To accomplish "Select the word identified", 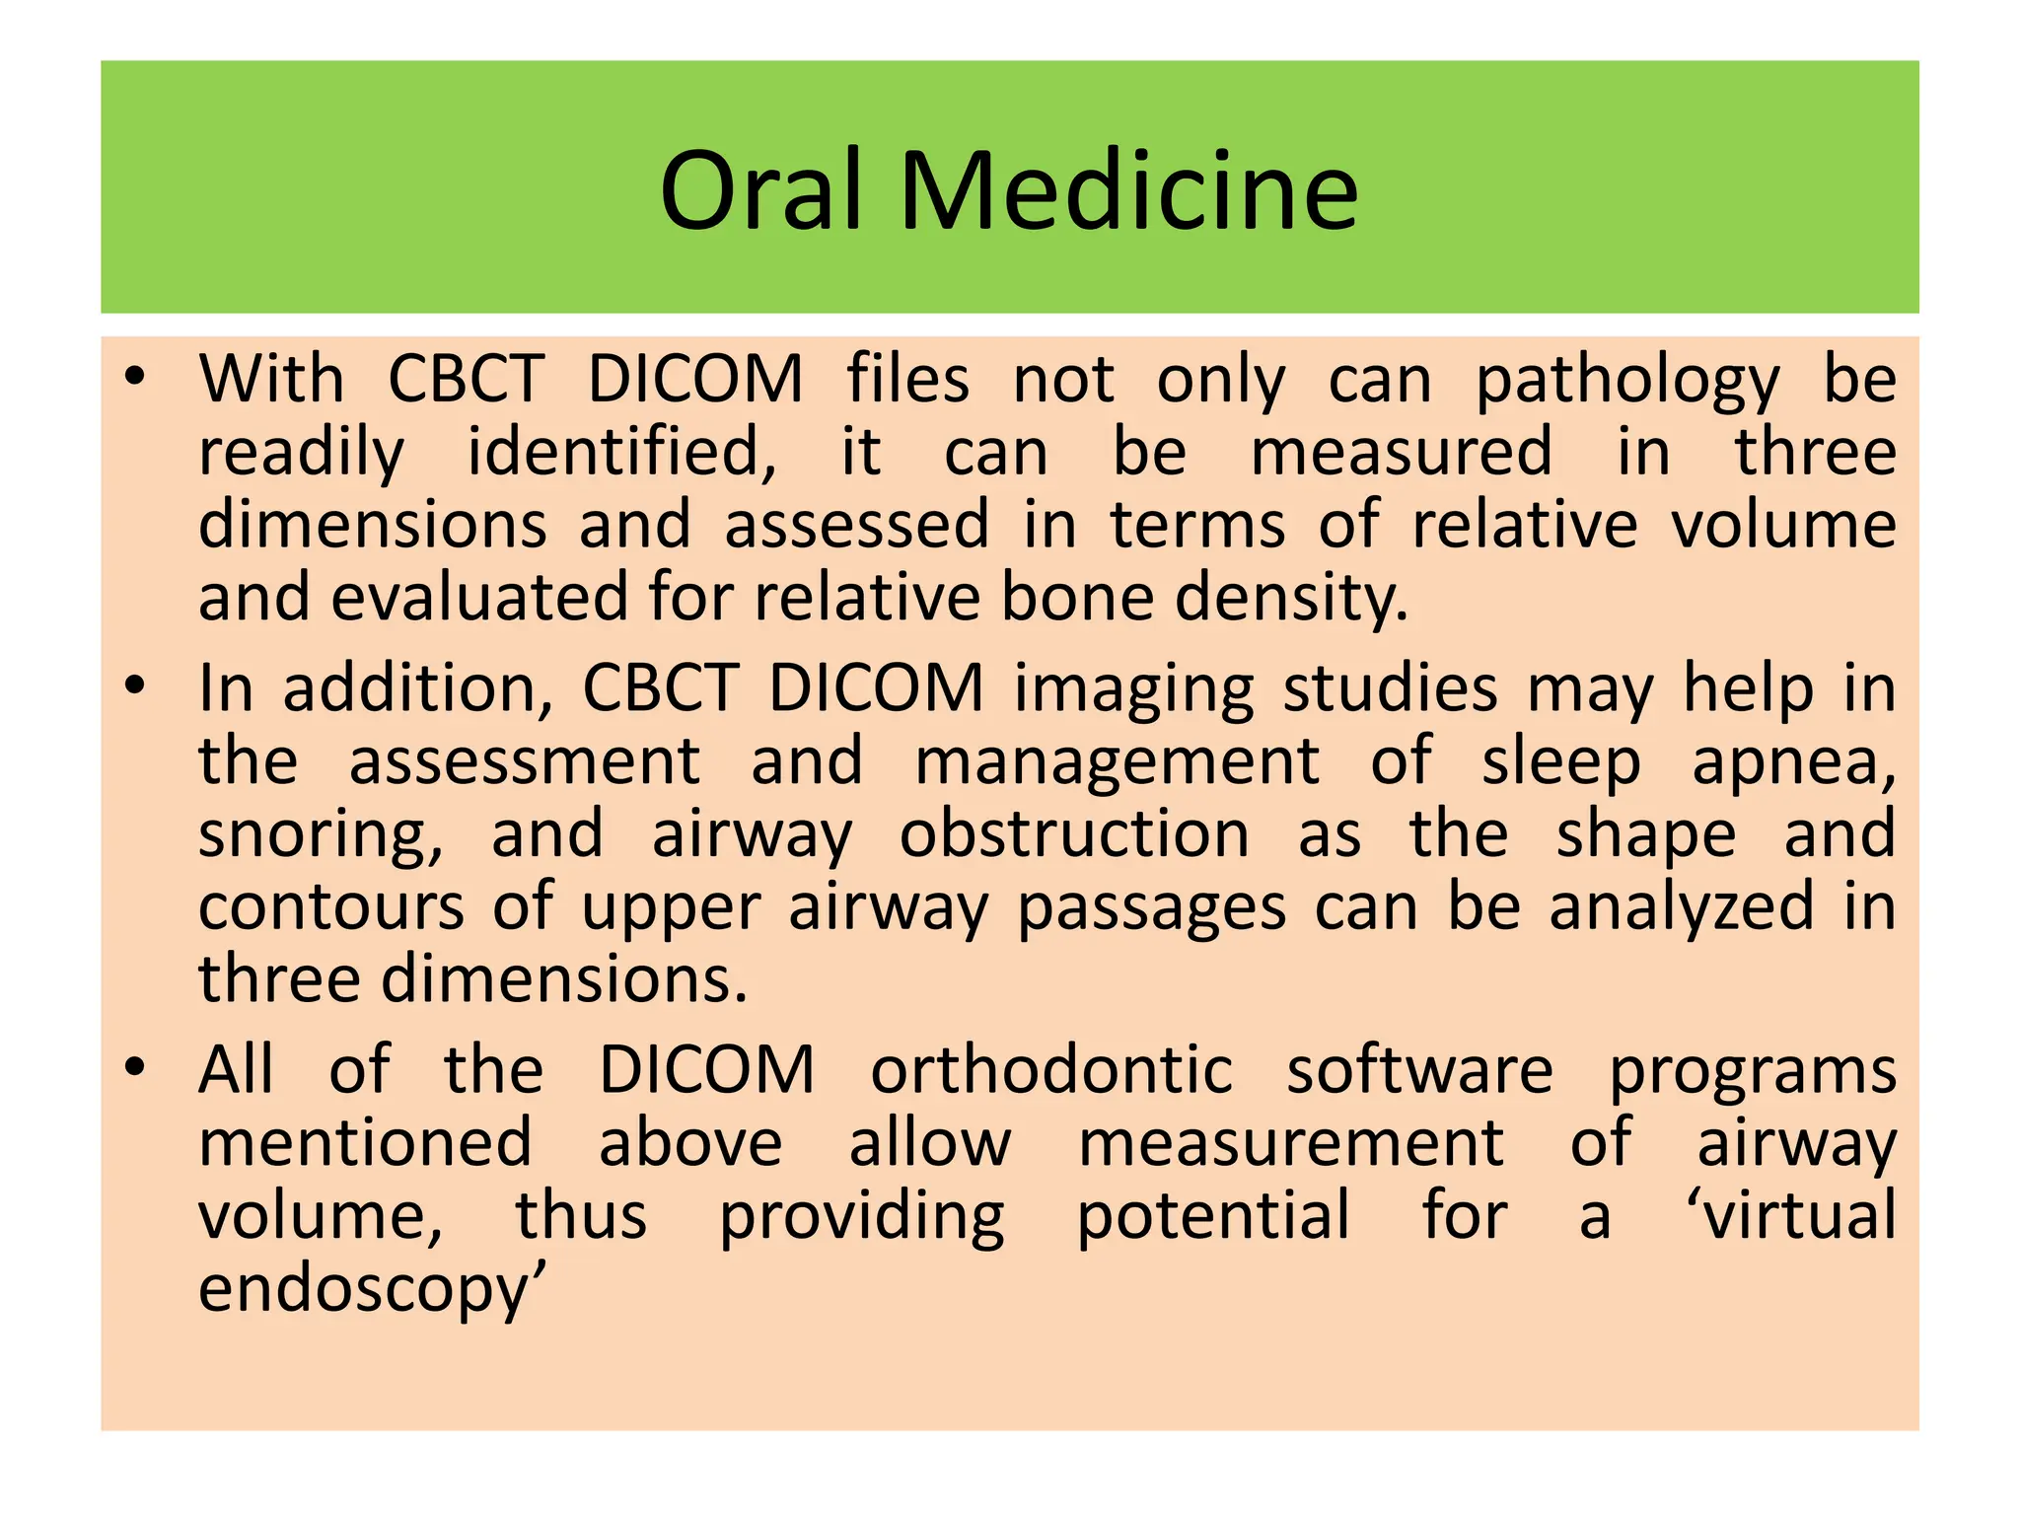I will [621, 454].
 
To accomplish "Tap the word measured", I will [1402, 452].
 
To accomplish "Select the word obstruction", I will [1074, 834].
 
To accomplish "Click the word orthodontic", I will [1050, 1070].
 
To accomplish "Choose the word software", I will [1419, 1070].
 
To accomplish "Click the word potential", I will [1212, 1217].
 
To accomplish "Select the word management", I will [1117, 762].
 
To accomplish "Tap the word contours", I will [330, 907].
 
